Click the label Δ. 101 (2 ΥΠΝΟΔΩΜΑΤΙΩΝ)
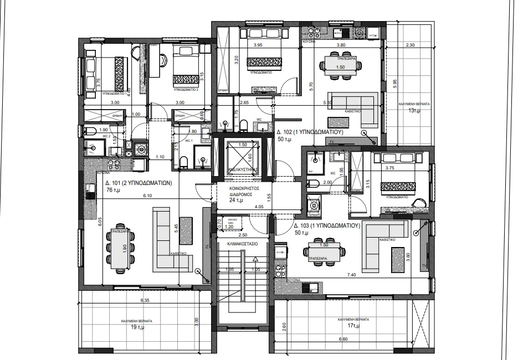click(x=138, y=182)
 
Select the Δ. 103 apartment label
click(x=327, y=226)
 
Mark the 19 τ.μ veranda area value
click(x=137, y=327)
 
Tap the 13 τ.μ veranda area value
click(x=414, y=111)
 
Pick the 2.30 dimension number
click(x=410, y=45)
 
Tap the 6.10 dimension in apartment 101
click(x=147, y=196)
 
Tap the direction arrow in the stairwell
click(x=255, y=259)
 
